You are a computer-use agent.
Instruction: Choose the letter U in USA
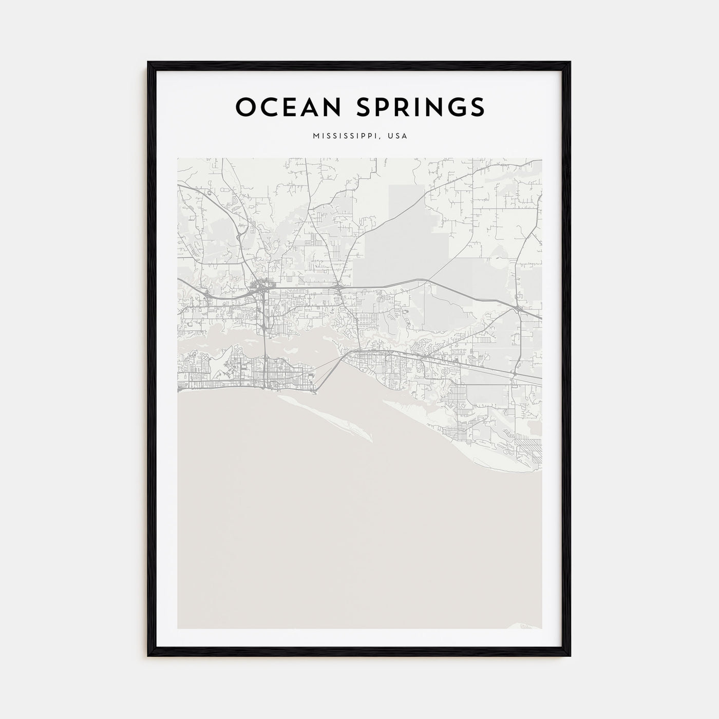tap(391, 136)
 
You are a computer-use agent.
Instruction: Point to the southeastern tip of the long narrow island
tap(370, 440)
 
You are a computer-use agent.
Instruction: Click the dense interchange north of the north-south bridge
tap(262, 288)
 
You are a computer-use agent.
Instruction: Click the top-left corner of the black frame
tap(148, 63)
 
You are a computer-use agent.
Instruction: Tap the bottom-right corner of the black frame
tap(570, 656)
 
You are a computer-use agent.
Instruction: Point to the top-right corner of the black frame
tap(570, 63)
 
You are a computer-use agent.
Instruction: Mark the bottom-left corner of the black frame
tap(148, 656)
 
